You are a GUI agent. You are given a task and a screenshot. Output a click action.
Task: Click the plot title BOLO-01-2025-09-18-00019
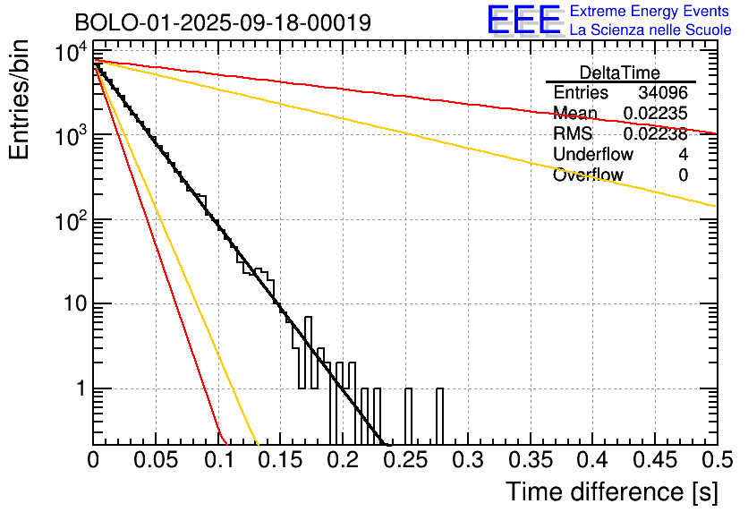pyautogui.click(x=223, y=22)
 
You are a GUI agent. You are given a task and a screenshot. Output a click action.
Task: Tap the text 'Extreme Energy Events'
pyautogui.click(x=650, y=12)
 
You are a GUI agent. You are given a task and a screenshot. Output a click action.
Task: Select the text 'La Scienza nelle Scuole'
pyautogui.click(x=650, y=30)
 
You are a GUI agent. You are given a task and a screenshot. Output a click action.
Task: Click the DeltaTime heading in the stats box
pyautogui.click(x=620, y=73)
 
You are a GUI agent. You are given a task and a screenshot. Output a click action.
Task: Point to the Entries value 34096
pyautogui.click(x=663, y=93)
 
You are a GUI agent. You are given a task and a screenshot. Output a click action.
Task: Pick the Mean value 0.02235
pyautogui.click(x=655, y=114)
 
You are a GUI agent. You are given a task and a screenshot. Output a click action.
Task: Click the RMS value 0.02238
pyautogui.click(x=655, y=134)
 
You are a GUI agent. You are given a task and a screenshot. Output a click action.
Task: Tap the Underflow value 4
pyautogui.click(x=683, y=155)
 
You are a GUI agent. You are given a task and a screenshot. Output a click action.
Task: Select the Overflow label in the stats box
pyautogui.click(x=588, y=175)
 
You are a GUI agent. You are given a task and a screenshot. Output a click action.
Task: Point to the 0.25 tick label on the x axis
pyautogui.click(x=405, y=461)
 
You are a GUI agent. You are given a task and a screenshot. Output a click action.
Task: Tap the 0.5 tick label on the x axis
pyautogui.click(x=715, y=461)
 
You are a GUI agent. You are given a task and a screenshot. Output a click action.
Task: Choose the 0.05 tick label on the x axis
pyautogui.click(x=157, y=461)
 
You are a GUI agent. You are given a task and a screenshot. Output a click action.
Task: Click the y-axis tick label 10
pyautogui.click(x=73, y=304)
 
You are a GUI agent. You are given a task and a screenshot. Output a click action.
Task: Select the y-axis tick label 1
pyautogui.click(x=81, y=389)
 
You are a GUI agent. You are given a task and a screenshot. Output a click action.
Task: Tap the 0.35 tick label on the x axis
pyautogui.click(x=530, y=461)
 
